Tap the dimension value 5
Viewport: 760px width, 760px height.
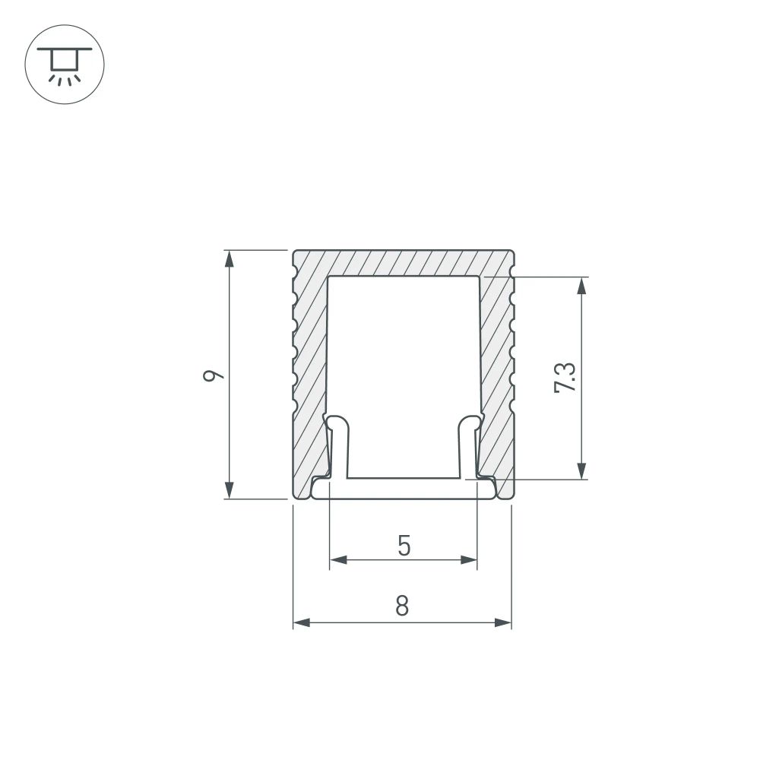[x=404, y=545]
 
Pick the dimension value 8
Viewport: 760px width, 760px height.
[x=402, y=606]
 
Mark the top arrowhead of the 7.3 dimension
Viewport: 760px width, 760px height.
[x=581, y=285]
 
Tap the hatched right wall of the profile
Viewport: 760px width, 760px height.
[x=497, y=365]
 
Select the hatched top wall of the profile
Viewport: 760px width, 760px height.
[x=403, y=263]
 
